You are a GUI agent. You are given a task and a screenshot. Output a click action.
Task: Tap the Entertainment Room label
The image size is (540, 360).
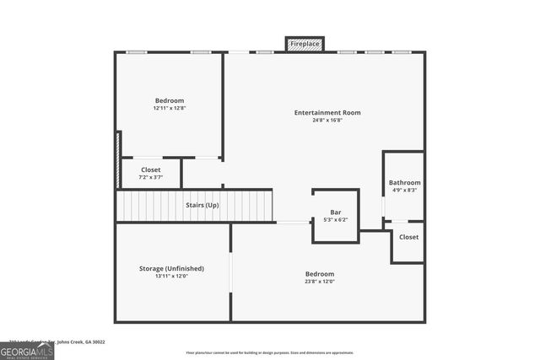click(x=327, y=112)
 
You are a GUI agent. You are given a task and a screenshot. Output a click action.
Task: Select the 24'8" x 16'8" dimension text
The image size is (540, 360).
click(x=327, y=120)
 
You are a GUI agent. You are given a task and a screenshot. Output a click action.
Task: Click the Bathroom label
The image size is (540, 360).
click(x=404, y=183)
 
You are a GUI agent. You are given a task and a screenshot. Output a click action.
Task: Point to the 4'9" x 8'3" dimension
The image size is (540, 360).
click(x=404, y=191)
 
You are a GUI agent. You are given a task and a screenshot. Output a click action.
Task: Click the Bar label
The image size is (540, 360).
click(x=335, y=212)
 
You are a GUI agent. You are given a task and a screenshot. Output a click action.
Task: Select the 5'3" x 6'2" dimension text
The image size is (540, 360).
click(x=335, y=219)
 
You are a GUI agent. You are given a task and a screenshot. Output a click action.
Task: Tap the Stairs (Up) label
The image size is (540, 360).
click(x=202, y=205)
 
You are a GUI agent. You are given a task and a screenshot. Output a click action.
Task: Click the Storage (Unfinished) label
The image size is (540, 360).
click(x=171, y=268)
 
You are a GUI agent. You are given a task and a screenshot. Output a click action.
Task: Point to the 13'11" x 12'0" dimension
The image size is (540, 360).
click(x=171, y=276)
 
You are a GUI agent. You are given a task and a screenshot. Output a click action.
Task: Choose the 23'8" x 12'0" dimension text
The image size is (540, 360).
click(x=320, y=282)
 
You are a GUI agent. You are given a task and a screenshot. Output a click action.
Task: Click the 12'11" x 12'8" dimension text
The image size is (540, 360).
click(x=170, y=108)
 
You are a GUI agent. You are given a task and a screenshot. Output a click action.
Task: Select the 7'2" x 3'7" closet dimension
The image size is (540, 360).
click(x=150, y=178)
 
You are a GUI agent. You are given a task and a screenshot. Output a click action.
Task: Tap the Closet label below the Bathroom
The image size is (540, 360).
click(x=408, y=237)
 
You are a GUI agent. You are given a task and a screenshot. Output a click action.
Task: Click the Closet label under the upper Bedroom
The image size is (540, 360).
click(x=150, y=170)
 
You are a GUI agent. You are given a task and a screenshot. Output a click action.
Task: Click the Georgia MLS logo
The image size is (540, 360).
click(x=27, y=349)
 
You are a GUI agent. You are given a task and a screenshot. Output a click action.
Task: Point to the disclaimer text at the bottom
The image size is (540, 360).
click(x=269, y=352)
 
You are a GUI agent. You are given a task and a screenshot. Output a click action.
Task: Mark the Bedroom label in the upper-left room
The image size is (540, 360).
click(x=170, y=100)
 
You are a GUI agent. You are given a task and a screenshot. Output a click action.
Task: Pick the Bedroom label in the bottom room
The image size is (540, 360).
click(x=320, y=274)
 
